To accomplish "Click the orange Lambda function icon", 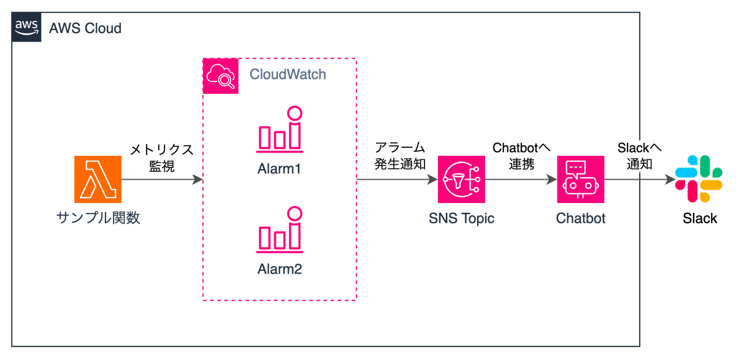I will [98, 180].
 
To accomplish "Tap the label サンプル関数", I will [98, 218].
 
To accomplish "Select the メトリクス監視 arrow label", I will [161, 158].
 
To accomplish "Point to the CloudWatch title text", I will [287, 75].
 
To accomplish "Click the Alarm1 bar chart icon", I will [280, 129].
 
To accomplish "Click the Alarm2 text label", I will [280, 269].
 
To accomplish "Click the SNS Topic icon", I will [462, 180].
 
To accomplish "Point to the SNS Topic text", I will [462, 218].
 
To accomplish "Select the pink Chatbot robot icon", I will [580, 180].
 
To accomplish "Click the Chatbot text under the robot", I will [580, 218].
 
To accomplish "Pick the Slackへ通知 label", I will [640, 157].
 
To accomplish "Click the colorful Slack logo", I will [698, 179].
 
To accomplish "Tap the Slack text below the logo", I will [700, 219].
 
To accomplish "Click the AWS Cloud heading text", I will [85, 28].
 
